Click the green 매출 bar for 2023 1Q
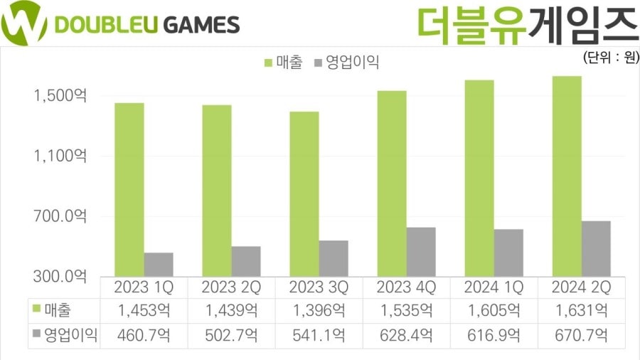129,189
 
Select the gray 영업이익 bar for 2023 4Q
421,252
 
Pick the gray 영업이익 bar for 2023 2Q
245,261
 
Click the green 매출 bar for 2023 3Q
304,194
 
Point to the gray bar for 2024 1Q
508,253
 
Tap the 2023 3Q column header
319,287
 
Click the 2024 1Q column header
494,287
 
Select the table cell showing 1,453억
144,311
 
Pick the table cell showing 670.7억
582,334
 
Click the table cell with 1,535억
406,311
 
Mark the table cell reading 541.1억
319,334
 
